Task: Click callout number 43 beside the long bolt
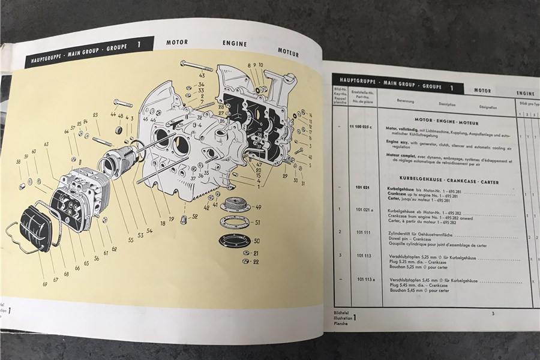point(202,76)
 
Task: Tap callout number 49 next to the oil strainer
point(259,208)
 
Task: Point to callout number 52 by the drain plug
point(195,216)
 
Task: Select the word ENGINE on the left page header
point(235,44)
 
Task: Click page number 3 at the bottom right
point(492,313)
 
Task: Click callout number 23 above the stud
point(95,115)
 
